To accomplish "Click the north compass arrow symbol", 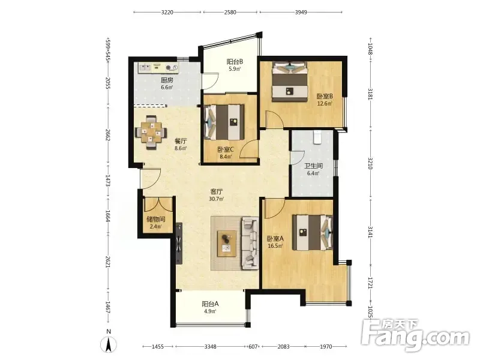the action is (x=109, y=344).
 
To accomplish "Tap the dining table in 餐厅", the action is (x=151, y=133).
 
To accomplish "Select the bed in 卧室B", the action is (x=290, y=82).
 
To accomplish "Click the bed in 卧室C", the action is (x=224, y=122).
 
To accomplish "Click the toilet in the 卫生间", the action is (x=318, y=137).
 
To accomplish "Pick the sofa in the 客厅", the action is (x=250, y=244).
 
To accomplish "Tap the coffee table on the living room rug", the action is (x=227, y=244).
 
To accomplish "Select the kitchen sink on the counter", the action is (x=145, y=67).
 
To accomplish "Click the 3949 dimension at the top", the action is (x=301, y=12).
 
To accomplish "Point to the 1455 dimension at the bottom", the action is (x=158, y=347).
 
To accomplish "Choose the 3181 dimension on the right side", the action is (x=370, y=94).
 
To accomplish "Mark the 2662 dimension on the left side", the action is (x=107, y=134).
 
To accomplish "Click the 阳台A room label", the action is (x=210, y=304).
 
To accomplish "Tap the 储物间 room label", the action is (x=156, y=219).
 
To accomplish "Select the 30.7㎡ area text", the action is (x=217, y=199).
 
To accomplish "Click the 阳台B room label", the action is (x=235, y=62).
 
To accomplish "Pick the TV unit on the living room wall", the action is (x=179, y=244).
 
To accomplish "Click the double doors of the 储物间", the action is (x=158, y=205).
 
